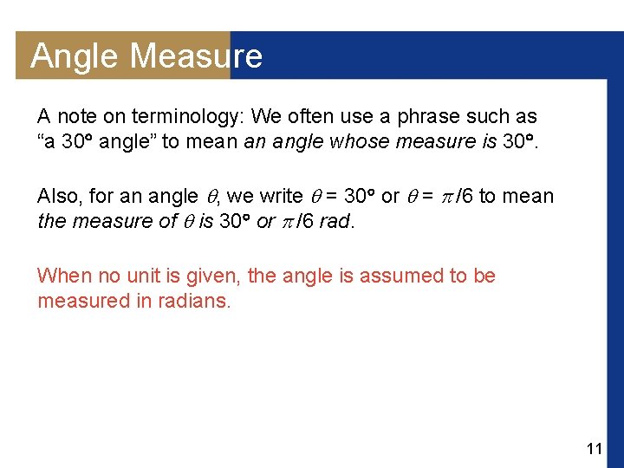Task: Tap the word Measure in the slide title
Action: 196,56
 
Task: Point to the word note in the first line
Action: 81,116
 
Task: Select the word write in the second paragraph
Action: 275,197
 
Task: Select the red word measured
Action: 79,302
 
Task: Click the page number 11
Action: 594,449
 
